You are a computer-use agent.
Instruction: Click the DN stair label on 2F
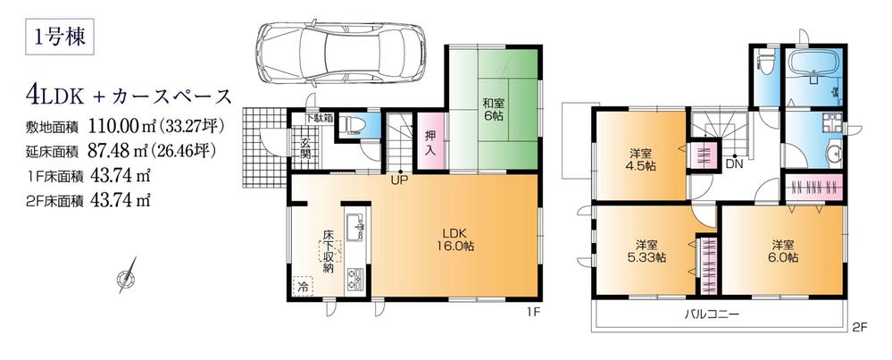click(x=733, y=163)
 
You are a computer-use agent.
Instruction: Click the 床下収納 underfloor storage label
click(x=329, y=253)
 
